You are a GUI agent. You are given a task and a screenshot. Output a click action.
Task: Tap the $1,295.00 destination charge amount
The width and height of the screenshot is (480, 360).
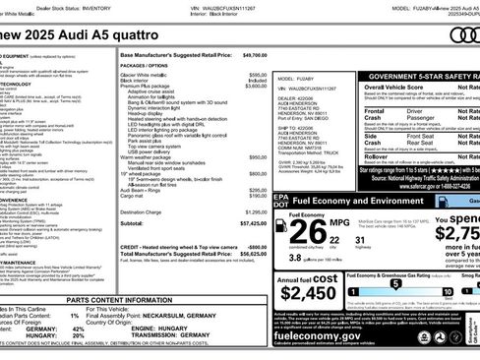click(x=254, y=210)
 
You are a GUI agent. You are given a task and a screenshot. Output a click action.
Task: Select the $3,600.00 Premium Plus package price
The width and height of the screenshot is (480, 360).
click(x=255, y=86)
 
